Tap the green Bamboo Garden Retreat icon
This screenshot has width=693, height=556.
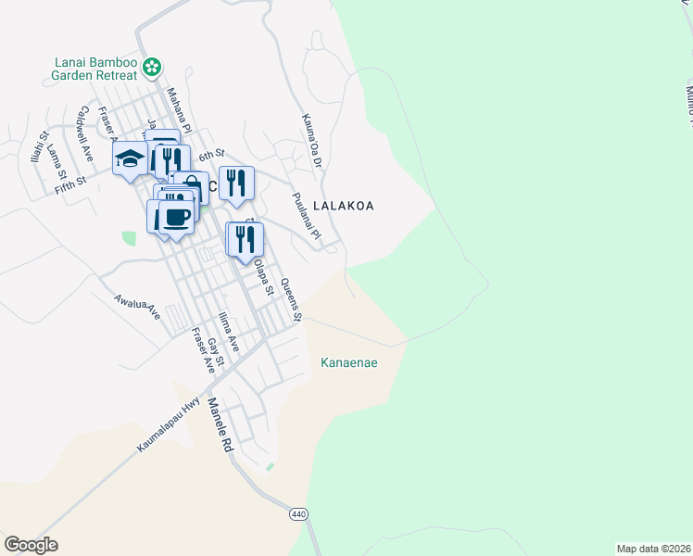pos(156,66)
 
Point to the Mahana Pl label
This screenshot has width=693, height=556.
pos(178,108)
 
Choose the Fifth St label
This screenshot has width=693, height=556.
pos(70,183)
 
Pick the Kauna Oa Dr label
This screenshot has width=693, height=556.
pos(309,141)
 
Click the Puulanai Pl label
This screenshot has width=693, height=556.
pos(305,217)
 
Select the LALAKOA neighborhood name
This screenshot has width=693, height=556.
pos(343,206)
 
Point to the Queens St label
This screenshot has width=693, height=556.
pos(291,300)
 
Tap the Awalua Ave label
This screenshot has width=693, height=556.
pos(137,308)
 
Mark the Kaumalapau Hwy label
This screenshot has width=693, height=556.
pos(169,424)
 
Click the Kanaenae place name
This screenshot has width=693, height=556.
pos(348,362)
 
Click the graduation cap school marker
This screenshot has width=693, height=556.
pos(131,158)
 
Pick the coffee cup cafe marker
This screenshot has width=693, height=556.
pos(176,218)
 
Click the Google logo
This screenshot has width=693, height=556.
pos(31,544)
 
